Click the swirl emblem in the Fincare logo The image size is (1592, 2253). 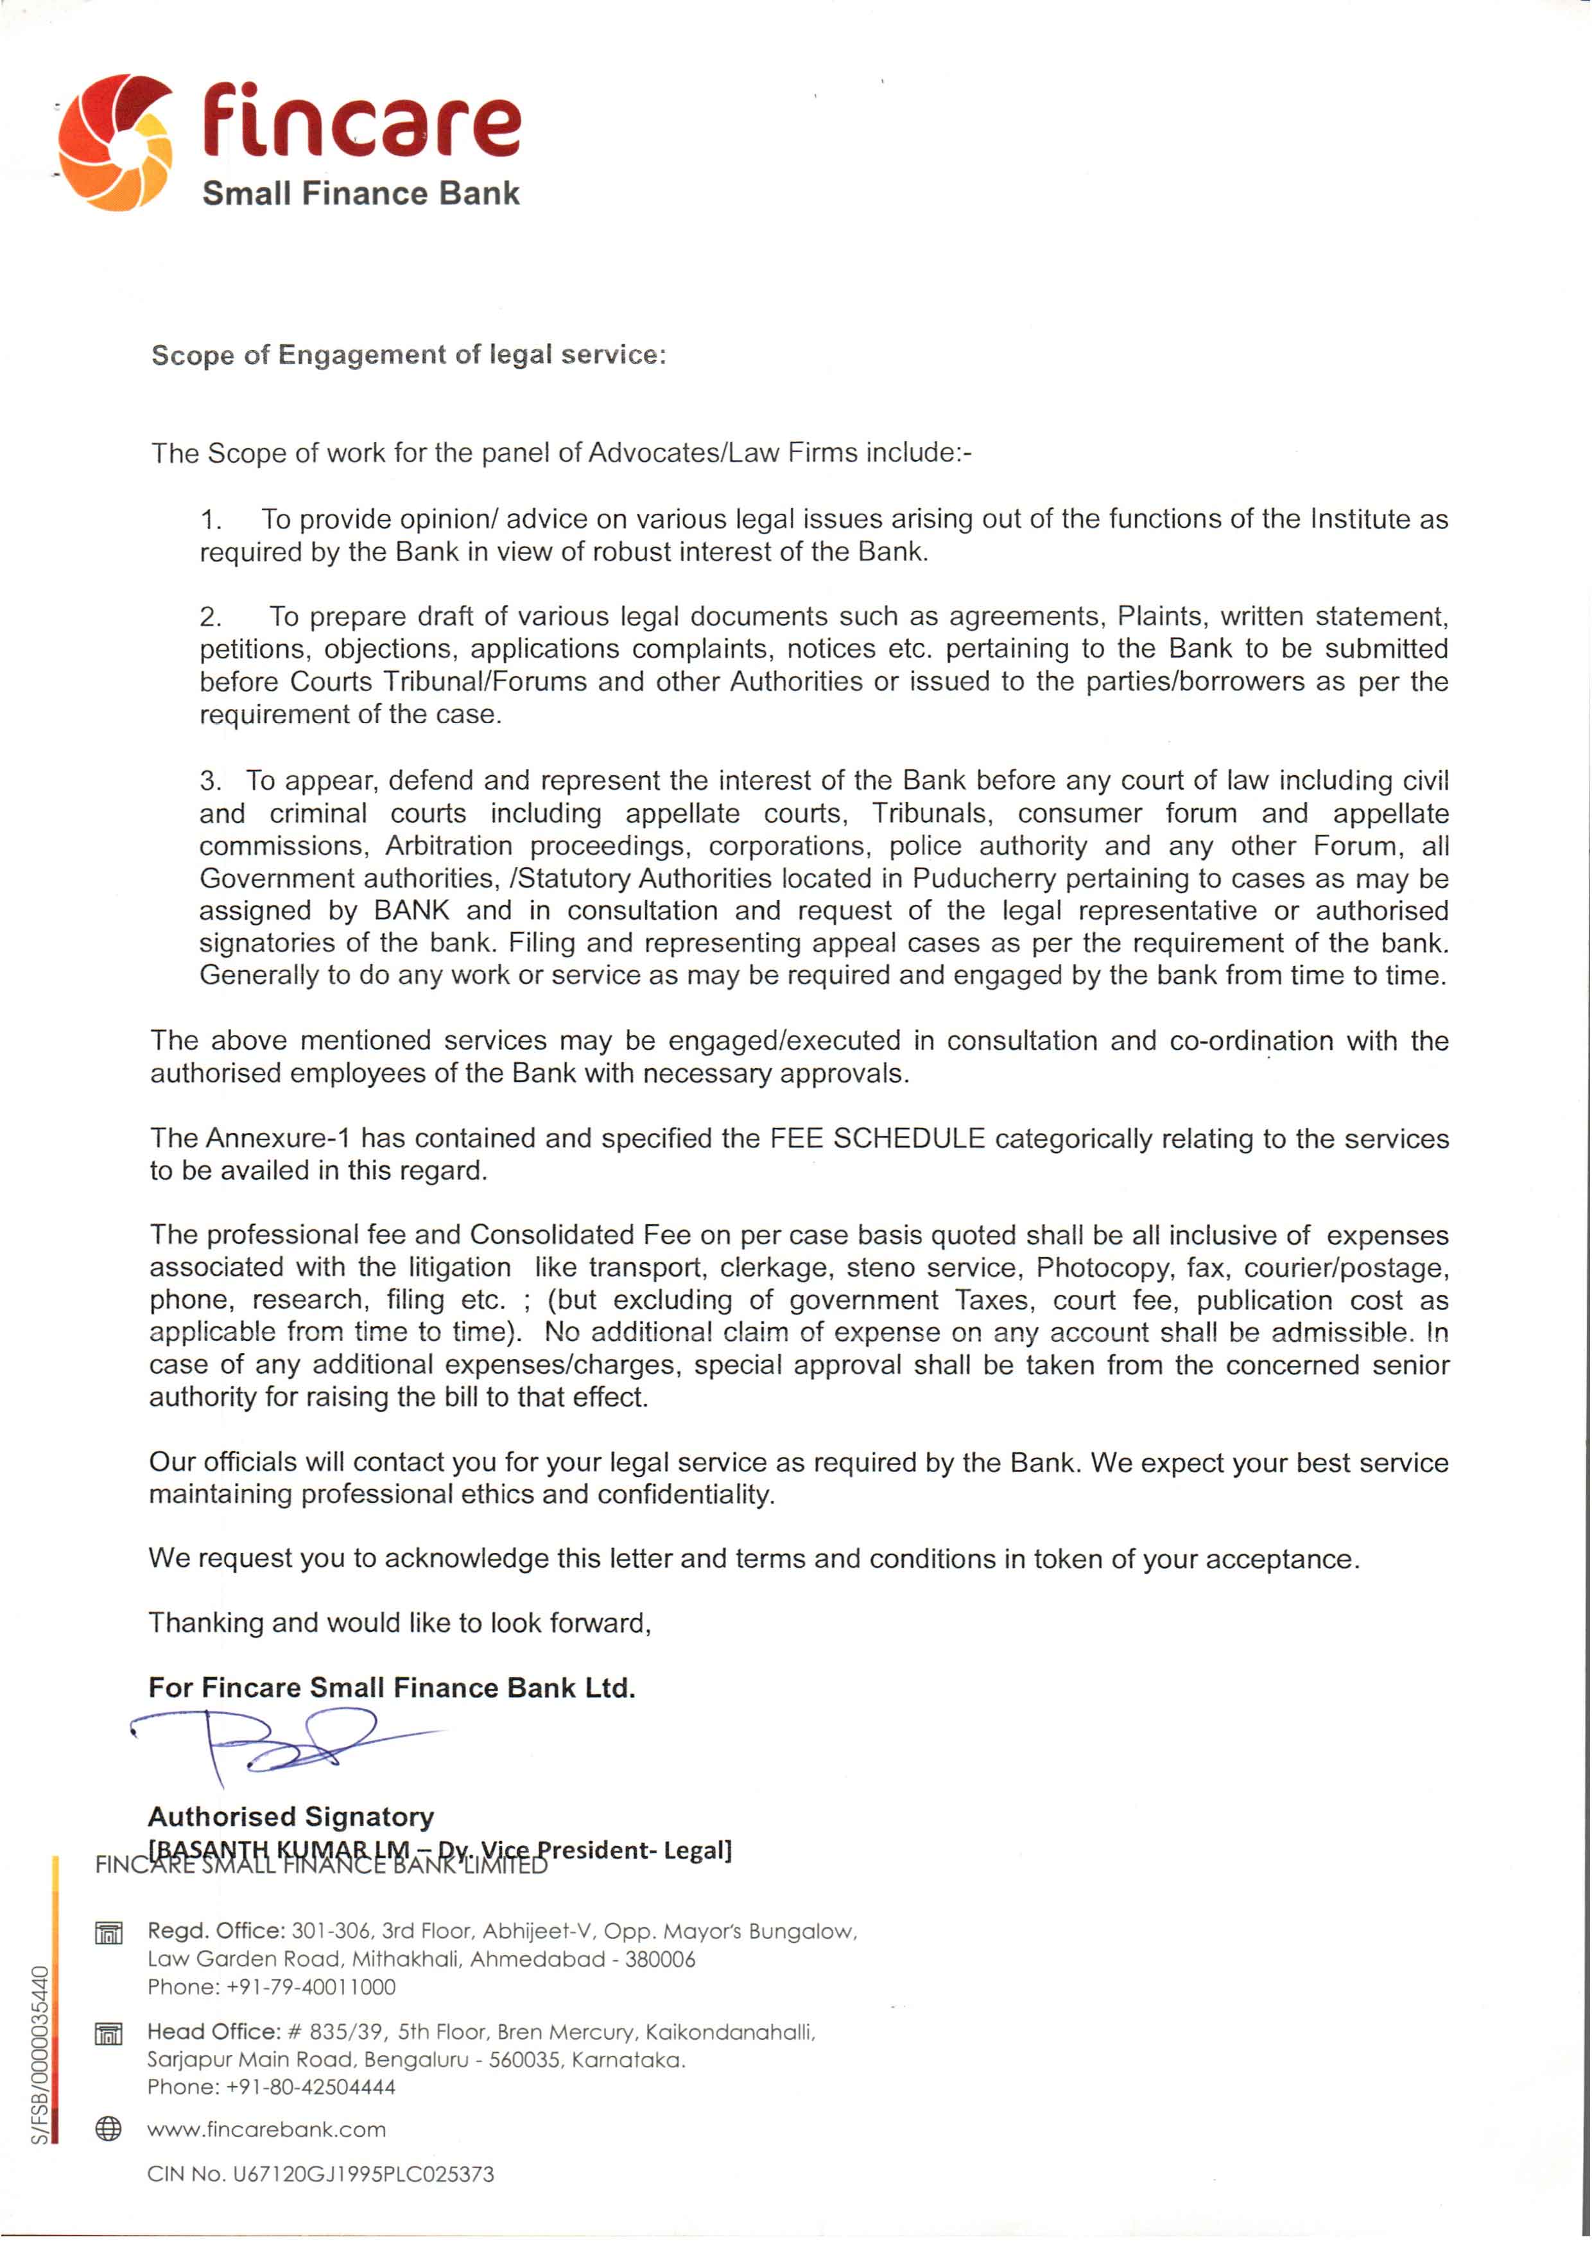point(116,143)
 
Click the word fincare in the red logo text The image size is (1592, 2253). point(361,125)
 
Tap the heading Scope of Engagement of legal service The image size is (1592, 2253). point(408,355)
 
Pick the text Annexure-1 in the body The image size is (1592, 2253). point(277,1138)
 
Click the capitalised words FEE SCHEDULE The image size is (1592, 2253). point(877,1138)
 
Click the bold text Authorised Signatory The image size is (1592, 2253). point(290,1816)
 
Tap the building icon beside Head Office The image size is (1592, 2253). point(109,2033)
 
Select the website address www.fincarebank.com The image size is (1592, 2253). point(267,2129)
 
